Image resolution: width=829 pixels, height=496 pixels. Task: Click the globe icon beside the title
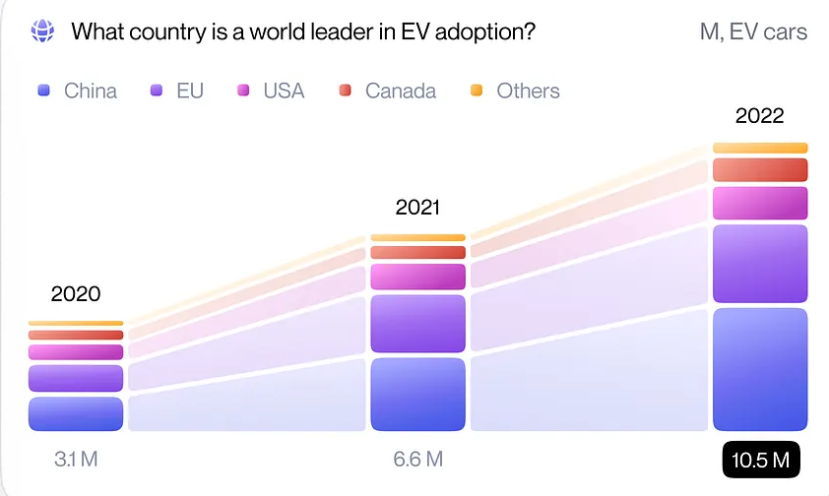coord(42,31)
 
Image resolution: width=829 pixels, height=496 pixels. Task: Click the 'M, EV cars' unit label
coord(753,31)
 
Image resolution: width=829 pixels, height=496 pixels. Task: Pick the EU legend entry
coord(176,91)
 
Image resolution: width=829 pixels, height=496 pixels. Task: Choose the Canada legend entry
coord(387,91)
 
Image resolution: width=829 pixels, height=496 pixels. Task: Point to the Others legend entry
coord(515,91)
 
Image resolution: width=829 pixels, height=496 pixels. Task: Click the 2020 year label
coord(76,293)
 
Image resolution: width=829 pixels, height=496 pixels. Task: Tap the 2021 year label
coord(417,208)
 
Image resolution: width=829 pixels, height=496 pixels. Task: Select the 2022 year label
coord(760,116)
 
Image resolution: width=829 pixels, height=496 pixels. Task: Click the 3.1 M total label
coord(76,459)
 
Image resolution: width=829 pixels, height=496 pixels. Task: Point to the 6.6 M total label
coord(417,459)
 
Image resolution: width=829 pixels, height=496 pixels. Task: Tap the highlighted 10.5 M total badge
coord(760,460)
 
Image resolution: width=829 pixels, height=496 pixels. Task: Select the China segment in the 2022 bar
coord(760,369)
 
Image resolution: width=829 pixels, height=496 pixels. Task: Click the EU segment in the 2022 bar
coord(760,264)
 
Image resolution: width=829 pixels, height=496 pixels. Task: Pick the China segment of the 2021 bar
coord(417,394)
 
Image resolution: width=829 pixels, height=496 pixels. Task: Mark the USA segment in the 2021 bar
coord(417,277)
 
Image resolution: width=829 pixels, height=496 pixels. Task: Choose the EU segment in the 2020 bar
coord(76,378)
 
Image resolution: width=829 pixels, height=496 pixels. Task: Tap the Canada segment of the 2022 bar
coord(760,169)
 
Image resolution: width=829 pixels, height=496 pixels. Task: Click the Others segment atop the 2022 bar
coord(760,148)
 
